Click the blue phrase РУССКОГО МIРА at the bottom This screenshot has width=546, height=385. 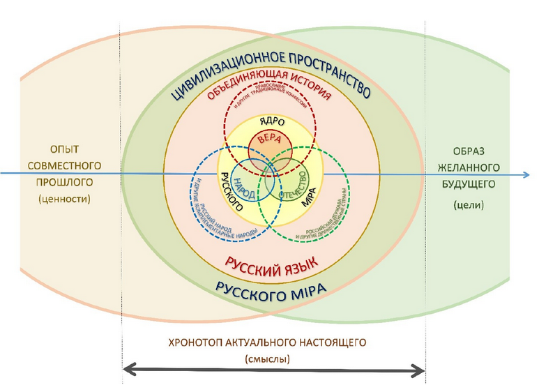click(268, 287)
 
